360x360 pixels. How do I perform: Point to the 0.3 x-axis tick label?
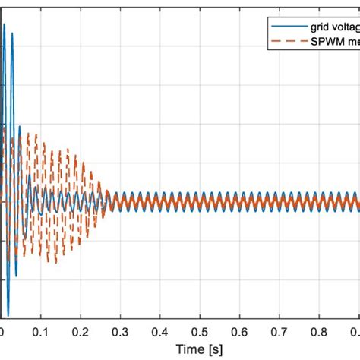pyautogui.click(x=119, y=332)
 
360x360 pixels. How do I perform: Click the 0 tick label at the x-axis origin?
pyautogui.click(x=2, y=332)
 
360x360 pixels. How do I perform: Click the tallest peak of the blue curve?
pyautogui.click(x=5, y=25)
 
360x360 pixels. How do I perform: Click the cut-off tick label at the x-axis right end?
pyautogui.click(x=355, y=332)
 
